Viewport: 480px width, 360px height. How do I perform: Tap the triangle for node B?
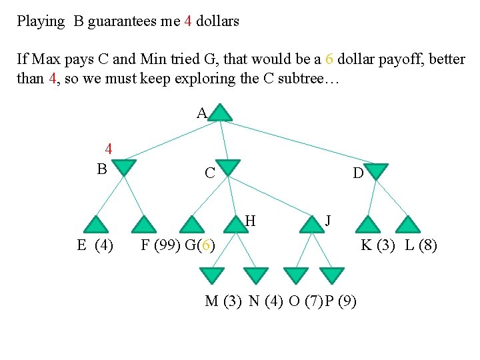[125, 167]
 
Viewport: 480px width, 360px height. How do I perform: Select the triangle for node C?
[228, 167]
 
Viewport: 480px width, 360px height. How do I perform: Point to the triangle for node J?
[311, 225]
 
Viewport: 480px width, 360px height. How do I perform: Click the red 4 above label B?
[107, 149]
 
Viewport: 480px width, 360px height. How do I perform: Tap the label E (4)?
[95, 245]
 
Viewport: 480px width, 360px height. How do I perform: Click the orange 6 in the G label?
[207, 245]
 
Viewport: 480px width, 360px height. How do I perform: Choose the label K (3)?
[377, 245]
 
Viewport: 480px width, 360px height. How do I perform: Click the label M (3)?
[223, 301]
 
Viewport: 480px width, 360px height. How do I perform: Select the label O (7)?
[306, 301]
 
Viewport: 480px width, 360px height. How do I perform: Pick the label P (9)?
[341, 301]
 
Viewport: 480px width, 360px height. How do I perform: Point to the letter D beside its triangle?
[358, 174]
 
